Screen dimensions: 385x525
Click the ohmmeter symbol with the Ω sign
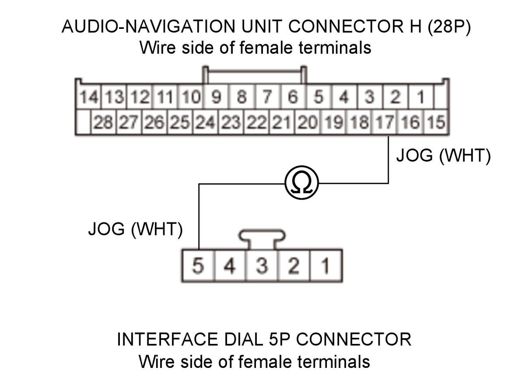[x=301, y=184]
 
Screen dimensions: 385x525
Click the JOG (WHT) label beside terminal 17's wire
[x=443, y=156]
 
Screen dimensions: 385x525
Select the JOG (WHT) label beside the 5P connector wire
[x=135, y=229]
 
